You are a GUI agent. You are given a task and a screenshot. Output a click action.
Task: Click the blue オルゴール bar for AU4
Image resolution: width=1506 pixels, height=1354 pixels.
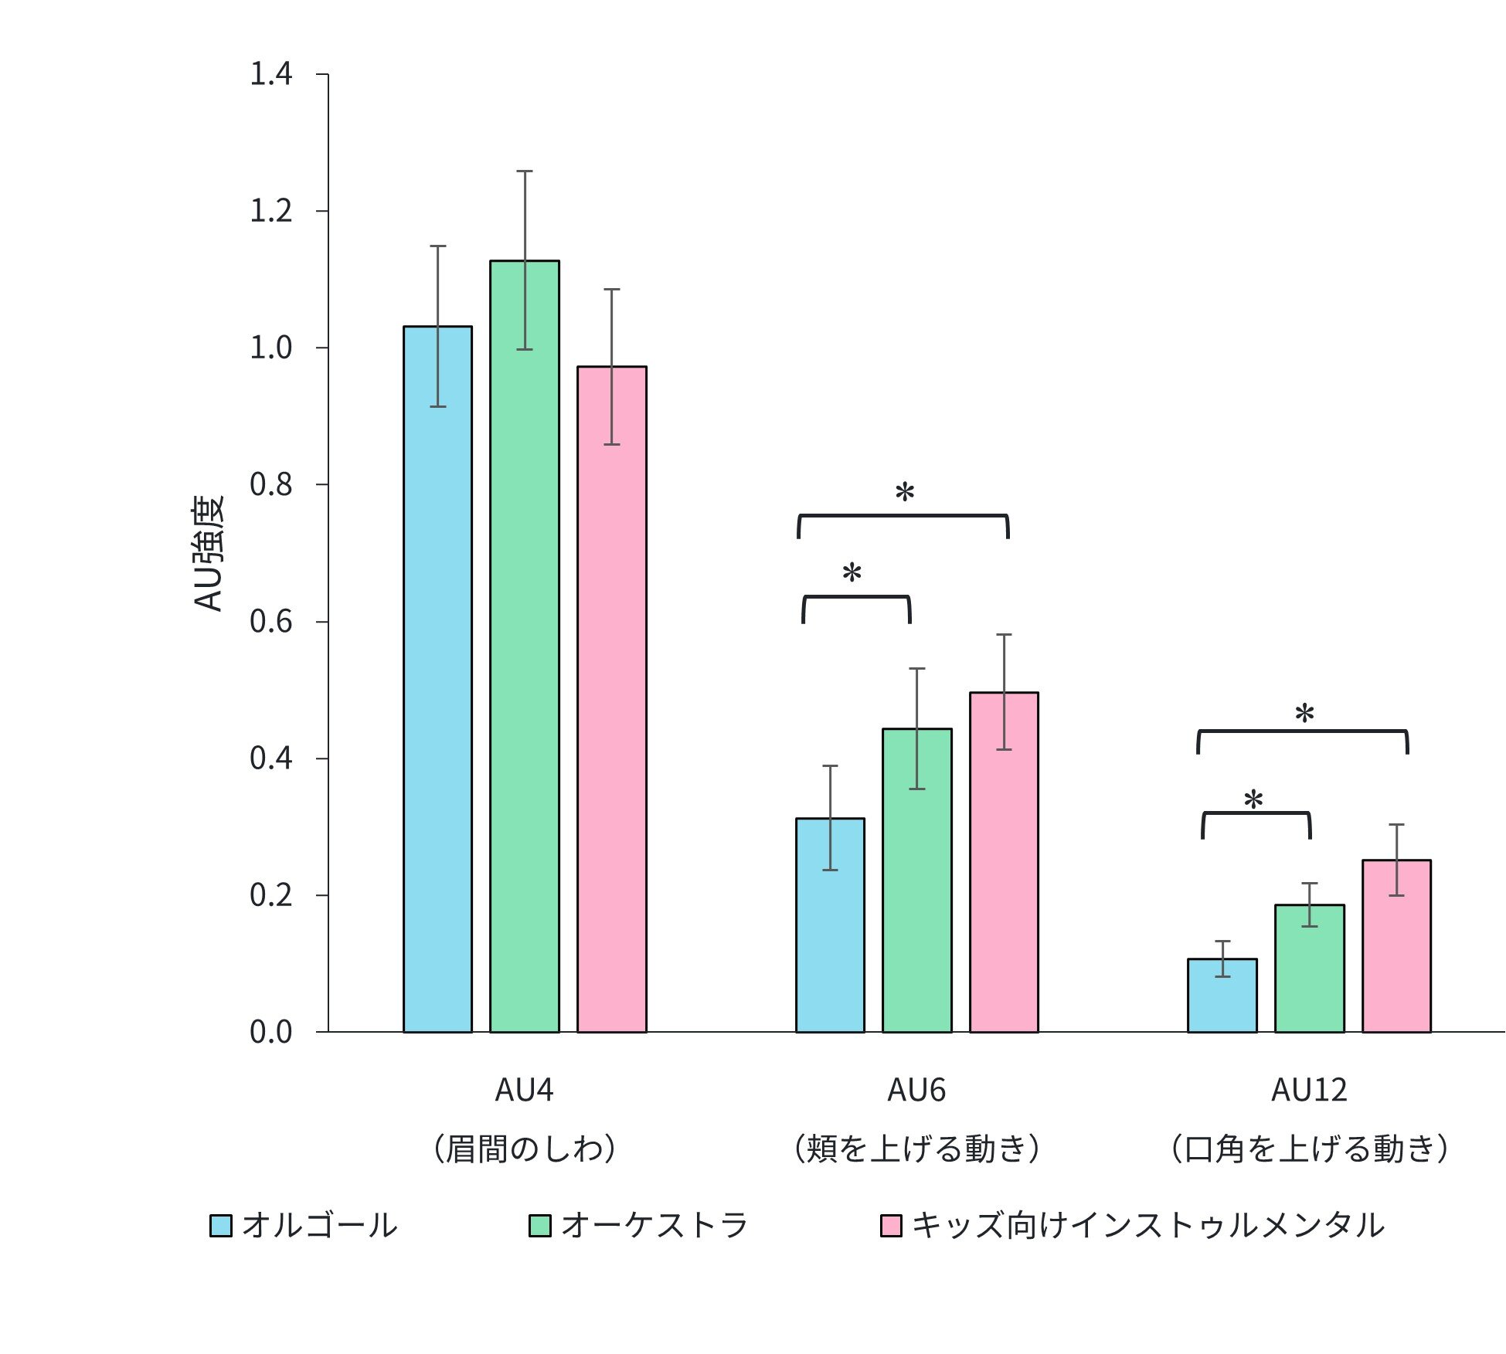click(437, 680)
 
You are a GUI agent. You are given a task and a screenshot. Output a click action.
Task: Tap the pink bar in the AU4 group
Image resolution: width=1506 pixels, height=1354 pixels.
click(612, 700)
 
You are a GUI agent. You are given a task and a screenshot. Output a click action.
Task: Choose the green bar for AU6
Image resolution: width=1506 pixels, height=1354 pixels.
click(917, 881)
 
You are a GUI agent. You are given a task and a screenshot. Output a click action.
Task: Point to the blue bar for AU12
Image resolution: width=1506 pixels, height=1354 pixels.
click(1222, 996)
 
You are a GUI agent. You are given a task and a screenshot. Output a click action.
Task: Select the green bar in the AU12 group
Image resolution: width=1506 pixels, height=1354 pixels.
click(1310, 969)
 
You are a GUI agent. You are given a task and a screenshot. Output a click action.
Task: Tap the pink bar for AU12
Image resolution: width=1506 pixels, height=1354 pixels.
click(1396, 946)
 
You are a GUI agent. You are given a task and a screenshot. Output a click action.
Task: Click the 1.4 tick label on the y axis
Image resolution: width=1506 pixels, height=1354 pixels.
click(270, 74)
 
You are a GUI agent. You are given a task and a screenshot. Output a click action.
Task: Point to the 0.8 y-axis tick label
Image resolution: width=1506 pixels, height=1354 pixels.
click(270, 485)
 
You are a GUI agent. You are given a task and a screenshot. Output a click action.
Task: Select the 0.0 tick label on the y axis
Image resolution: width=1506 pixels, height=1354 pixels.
click(270, 1033)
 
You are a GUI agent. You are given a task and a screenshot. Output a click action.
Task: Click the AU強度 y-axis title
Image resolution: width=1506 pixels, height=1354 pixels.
click(208, 553)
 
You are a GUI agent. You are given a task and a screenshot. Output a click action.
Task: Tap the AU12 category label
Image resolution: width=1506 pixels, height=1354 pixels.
click(1309, 1091)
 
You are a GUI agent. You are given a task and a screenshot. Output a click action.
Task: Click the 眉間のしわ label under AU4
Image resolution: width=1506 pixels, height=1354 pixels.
click(525, 1149)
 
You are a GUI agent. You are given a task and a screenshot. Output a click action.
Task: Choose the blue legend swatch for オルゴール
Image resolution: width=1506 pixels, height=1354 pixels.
click(221, 1226)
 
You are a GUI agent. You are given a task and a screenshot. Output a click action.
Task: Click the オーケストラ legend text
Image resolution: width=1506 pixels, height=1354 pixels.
click(654, 1226)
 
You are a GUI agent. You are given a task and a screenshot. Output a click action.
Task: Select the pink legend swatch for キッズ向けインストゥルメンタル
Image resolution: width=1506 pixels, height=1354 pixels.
click(891, 1226)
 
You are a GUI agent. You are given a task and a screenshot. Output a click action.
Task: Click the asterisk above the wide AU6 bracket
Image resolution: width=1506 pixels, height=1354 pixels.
click(904, 492)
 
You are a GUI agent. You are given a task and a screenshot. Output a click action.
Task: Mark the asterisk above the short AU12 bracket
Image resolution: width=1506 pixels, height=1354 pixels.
click(1253, 799)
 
